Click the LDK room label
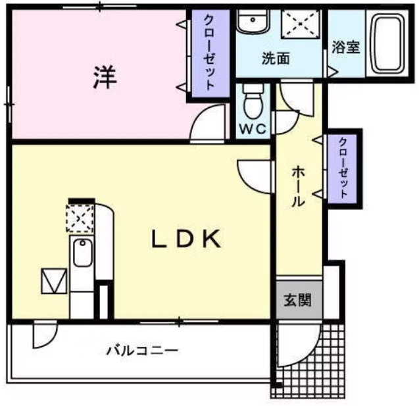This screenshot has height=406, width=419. coord(185,240)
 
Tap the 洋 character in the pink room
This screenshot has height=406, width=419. coord(104,78)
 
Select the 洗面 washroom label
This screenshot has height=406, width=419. coord(276,59)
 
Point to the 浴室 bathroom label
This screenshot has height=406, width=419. coord(345,47)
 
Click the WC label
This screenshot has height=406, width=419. coord(252,129)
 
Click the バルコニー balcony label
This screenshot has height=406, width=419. coord(142,350)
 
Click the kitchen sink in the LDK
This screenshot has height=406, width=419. coord(83,253)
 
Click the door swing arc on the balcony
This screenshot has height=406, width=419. coord(43,334)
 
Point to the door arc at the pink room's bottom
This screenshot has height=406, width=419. coord(205,128)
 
